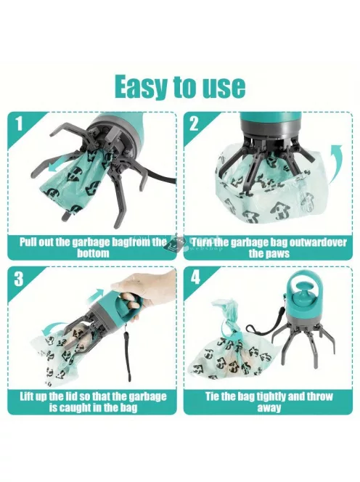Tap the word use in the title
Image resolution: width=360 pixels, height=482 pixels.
pyautogui.click(x=224, y=87)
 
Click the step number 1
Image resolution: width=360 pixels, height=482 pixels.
pyautogui.click(x=20, y=123)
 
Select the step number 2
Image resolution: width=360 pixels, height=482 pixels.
pyautogui.click(x=194, y=124)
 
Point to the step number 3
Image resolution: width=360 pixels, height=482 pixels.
pyautogui.click(x=19, y=279)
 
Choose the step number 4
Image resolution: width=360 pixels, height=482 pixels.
pyautogui.click(x=195, y=277)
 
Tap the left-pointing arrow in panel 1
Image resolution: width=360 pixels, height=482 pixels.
pyautogui.click(x=60, y=167)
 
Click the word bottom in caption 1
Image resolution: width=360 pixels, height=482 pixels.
pyautogui.click(x=93, y=253)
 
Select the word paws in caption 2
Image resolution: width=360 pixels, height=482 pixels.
pyautogui.click(x=278, y=254)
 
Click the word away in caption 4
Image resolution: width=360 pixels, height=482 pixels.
pyautogui.click(x=269, y=408)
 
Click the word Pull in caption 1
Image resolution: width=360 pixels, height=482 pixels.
pyautogui.click(x=28, y=242)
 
